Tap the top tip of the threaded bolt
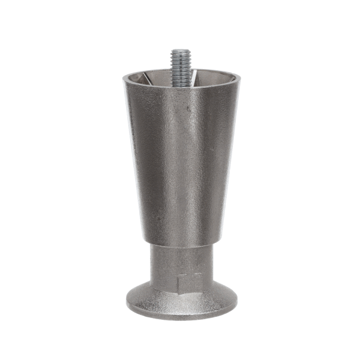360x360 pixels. pos(180,50)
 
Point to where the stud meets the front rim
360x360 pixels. pos(181,86)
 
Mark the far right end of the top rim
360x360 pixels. pos(239,76)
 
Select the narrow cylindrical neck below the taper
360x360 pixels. pos(180,261)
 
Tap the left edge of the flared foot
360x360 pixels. pos(127,296)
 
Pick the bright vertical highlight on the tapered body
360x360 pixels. pos(201,162)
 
